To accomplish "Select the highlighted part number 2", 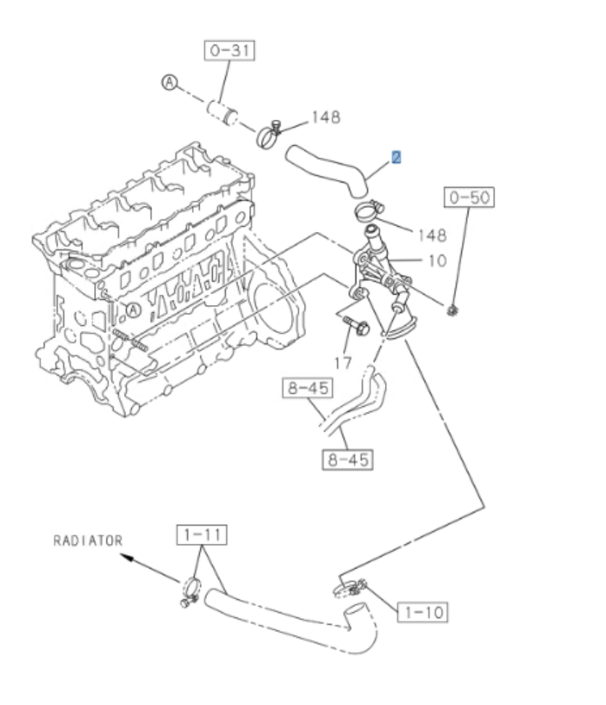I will pos(396,157).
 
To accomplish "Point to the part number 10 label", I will pos(436,260).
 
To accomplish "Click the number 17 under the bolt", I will pos(344,362).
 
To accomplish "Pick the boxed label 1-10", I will pos(423,612).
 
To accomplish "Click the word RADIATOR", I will pos(88,540).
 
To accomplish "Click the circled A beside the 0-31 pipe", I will pos(170,82).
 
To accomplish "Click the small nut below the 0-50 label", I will pos(452,309).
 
